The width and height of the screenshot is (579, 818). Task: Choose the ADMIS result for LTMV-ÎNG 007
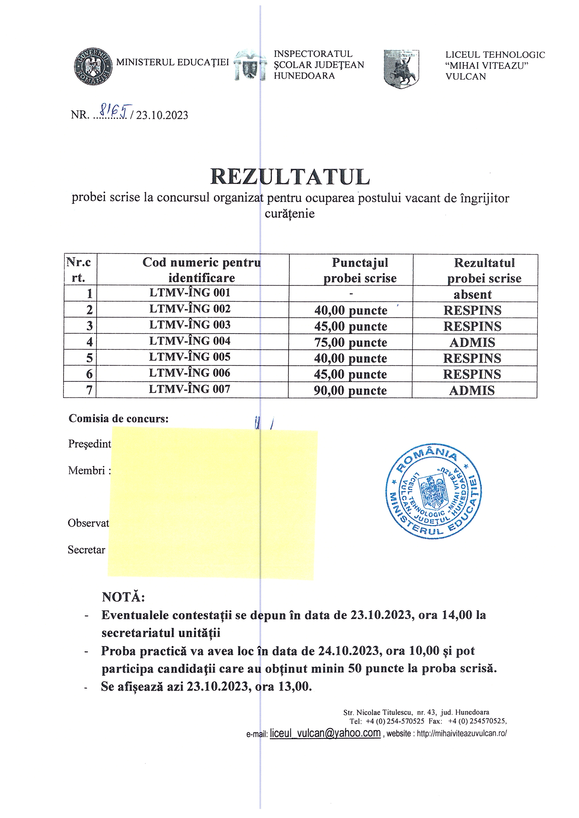[x=472, y=390]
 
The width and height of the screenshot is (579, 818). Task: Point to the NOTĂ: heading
[x=123, y=597]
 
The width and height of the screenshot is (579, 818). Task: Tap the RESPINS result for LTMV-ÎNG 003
[x=472, y=326]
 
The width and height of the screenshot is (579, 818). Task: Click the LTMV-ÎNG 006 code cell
[x=190, y=373]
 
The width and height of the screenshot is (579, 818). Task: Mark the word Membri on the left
[x=87, y=471]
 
